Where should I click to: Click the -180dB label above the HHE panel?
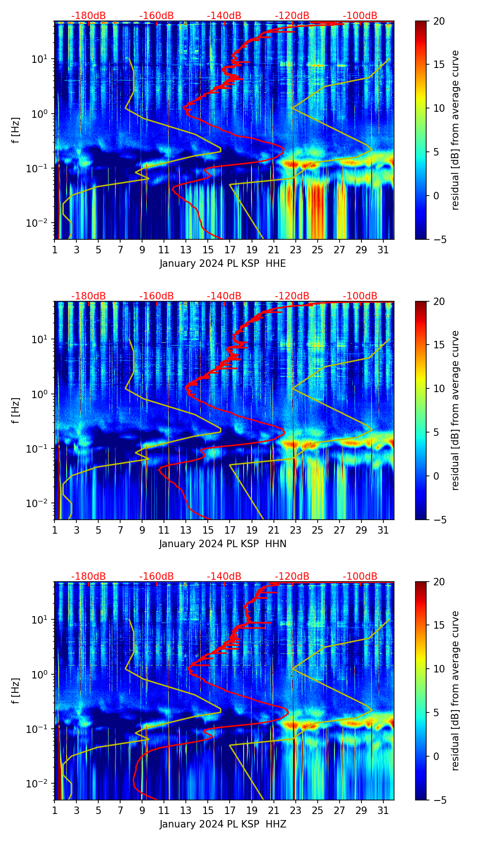click(x=88, y=16)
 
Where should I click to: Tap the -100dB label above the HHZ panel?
click(x=360, y=576)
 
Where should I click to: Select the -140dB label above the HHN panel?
click(x=224, y=296)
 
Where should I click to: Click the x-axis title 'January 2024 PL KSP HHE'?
click(x=223, y=264)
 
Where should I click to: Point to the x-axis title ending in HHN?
click(x=223, y=544)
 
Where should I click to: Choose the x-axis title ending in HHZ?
click(x=223, y=824)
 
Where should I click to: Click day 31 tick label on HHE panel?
click(x=383, y=250)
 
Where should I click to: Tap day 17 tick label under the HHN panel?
click(x=230, y=530)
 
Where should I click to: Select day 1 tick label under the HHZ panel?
click(x=55, y=810)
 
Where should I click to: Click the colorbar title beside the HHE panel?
click(x=455, y=130)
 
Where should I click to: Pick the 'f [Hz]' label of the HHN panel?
click(x=15, y=410)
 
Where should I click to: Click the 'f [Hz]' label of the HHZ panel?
click(x=15, y=691)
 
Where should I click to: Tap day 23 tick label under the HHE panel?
click(x=296, y=250)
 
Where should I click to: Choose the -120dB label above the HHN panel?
click(x=292, y=296)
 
